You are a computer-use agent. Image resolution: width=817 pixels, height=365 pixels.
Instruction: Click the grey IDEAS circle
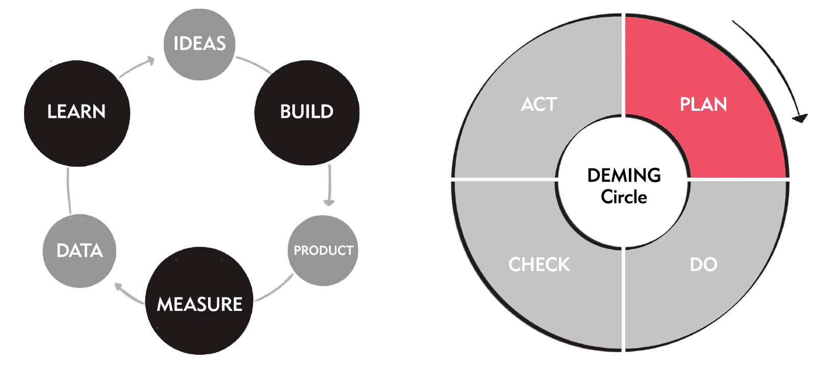click(199, 44)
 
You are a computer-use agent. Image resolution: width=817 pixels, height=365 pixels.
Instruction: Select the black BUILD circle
click(307, 113)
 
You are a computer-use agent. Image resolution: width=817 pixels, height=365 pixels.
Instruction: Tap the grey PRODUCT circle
click(323, 251)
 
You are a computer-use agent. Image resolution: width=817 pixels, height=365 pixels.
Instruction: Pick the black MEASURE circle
click(199, 301)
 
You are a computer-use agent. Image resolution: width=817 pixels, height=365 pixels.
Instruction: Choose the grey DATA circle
click(80, 251)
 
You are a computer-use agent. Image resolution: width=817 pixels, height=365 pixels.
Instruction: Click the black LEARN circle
click(77, 113)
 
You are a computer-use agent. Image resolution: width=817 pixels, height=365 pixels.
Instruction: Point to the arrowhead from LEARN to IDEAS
click(150, 61)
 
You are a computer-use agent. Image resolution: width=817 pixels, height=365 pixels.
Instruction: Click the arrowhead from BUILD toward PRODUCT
click(329, 203)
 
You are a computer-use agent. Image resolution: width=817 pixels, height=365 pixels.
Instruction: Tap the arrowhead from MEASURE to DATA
click(119, 287)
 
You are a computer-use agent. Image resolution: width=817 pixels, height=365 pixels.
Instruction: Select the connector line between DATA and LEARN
click(68, 191)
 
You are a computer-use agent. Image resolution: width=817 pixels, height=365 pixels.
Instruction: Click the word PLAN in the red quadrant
click(703, 104)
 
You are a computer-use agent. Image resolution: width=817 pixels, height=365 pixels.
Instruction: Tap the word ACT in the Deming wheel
click(539, 104)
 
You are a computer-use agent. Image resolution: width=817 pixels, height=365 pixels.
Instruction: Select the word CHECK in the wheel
click(540, 264)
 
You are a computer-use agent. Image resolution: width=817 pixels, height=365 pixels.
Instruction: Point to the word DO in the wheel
click(704, 264)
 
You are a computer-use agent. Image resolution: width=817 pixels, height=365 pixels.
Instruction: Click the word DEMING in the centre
click(624, 176)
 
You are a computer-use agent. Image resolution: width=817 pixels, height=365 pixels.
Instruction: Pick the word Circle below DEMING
click(624, 197)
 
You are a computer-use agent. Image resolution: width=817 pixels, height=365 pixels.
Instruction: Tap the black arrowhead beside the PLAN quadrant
click(800, 118)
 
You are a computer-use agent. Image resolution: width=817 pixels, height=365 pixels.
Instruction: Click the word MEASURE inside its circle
click(199, 304)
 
